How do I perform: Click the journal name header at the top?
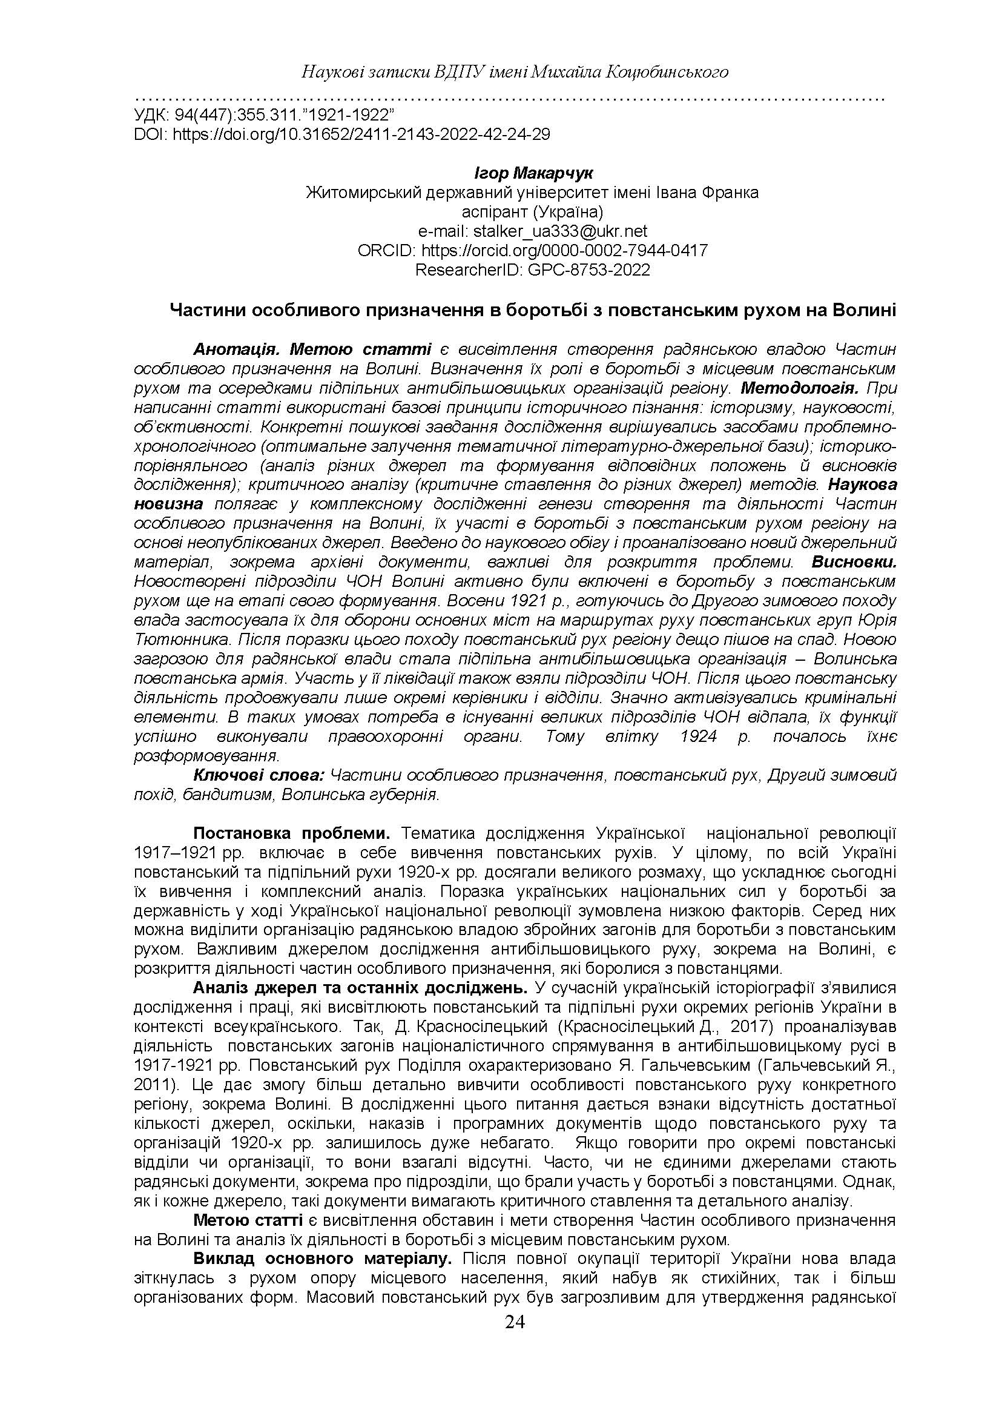[x=515, y=73]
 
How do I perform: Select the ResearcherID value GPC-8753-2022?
[x=588, y=270]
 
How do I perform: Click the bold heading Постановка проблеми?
[x=292, y=833]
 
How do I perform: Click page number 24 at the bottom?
[x=515, y=1322]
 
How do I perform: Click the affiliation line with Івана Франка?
[x=532, y=193]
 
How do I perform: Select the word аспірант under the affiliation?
[x=493, y=212]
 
